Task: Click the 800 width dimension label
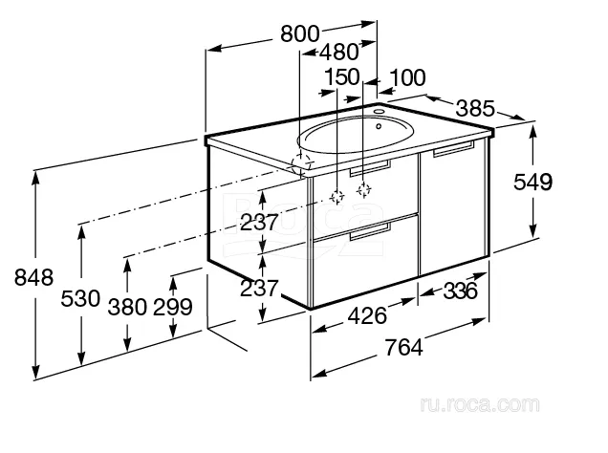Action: tap(300, 33)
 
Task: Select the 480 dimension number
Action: tap(339, 52)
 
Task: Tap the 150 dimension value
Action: tap(341, 76)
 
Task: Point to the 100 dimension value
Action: tap(407, 77)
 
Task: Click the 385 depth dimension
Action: tap(475, 109)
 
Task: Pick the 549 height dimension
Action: tap(532, 183)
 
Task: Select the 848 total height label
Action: tap(33, 277)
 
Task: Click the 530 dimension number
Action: tap(80, 299)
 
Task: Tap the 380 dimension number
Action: tap(127, 308)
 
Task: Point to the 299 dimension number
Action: tap(173, 308)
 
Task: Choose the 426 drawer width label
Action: tap(367, 315)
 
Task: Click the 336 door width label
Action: tap(460, 291)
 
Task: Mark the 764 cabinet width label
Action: tap(403, 347)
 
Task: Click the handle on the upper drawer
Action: tap(370, 168)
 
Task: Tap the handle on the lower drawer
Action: tap(370, 231)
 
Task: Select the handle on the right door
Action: tap(454, 149)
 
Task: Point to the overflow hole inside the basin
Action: tap(379, 126)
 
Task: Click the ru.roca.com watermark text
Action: tap(480, 405)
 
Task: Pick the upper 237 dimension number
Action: tap(259, 223)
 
